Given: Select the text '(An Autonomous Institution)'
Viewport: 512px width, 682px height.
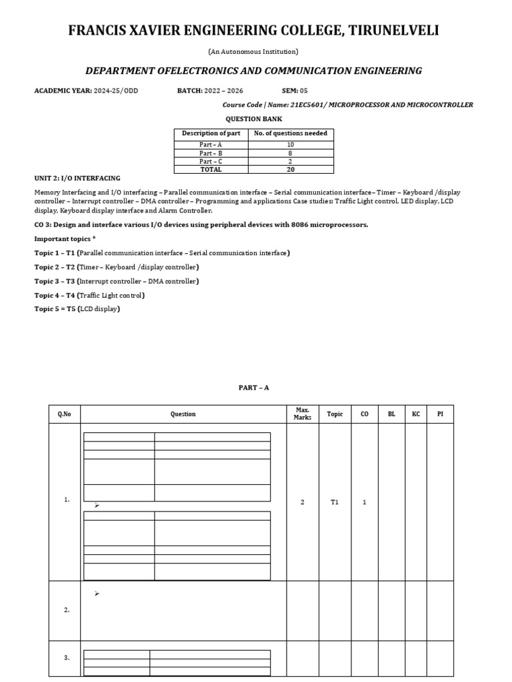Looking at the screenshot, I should (x=256, y=51).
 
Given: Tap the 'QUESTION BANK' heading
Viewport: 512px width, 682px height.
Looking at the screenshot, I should (x=253, y=119).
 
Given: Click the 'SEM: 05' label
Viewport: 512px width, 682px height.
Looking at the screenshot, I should (x=295, y=91).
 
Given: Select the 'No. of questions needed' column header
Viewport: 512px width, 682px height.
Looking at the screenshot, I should (x=291, y=133).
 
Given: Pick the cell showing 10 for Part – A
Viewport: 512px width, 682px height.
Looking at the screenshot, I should (x=291, y=144).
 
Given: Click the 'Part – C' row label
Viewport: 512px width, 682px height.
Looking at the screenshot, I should (x=211, y=161).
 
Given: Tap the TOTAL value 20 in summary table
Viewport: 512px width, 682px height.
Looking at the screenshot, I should (x=291, y=169).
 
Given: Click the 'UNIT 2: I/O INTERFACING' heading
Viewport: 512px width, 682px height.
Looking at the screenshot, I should (x=77, y=178).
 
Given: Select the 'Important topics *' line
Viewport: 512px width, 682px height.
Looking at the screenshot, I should (x=65, y=238).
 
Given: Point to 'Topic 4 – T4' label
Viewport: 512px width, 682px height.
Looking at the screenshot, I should (x=55, y=295).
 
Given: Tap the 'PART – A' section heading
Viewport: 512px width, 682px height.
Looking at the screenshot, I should (x=253, y=388).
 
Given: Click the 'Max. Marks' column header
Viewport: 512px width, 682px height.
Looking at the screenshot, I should (x=302, y=414).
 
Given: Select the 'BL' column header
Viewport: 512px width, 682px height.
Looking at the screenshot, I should (x=391, y=414).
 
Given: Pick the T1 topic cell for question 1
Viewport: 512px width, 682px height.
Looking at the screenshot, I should (x=335, y=502).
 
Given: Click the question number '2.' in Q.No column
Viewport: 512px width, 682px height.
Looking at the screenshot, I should (x=67, y=610).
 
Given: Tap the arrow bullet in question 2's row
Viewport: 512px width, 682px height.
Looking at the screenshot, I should (x=97, y=593).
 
